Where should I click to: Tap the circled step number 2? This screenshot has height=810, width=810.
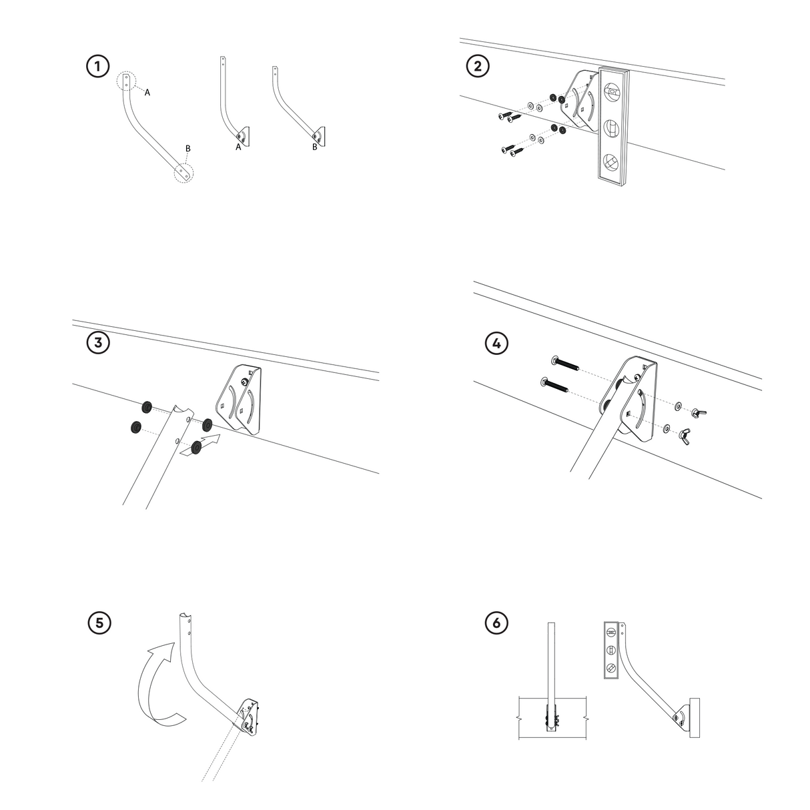478,66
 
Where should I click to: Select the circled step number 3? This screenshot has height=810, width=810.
98,343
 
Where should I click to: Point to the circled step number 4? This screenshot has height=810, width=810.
496,343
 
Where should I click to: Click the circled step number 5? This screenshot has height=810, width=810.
99,623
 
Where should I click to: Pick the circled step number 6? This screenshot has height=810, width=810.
496,623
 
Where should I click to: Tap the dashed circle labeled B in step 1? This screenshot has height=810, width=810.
183,172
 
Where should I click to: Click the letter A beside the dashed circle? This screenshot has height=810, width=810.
147,93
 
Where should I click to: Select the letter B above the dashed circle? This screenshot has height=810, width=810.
188,149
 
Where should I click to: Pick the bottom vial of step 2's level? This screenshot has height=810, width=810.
611,163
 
